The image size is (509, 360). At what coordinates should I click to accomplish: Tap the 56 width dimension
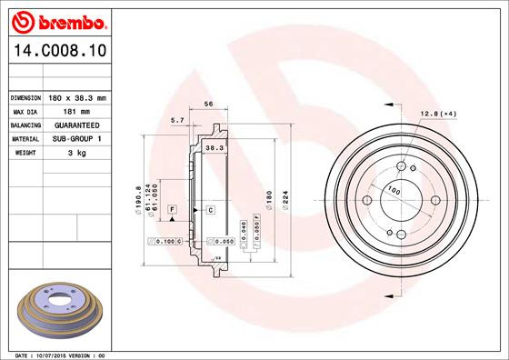tap(208, 105)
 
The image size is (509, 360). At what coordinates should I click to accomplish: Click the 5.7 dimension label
tap(177, 120)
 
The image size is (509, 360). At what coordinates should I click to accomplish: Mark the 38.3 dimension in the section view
tap(215, 146)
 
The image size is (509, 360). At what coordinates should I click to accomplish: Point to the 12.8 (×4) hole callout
tap(436, 114)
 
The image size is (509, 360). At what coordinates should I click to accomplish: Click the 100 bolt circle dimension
tap(394, 191)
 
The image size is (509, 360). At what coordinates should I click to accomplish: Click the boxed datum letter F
tap(169, 210)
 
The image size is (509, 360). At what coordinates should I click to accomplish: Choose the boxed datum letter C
tap(211, 210)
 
